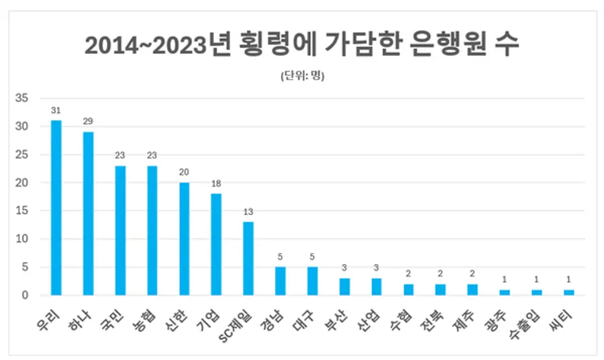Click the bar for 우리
(56, 208)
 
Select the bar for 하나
(88, 214)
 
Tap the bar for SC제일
(248, 259)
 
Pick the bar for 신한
(184, 238)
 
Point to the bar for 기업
(216, 244)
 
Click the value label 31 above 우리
(56, 110)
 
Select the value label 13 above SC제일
(248, 212)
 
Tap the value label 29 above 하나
(88, 122)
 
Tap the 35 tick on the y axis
(22, 99)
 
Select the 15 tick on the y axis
(22, 211)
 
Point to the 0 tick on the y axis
(25, 296)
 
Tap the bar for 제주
(473, 289)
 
